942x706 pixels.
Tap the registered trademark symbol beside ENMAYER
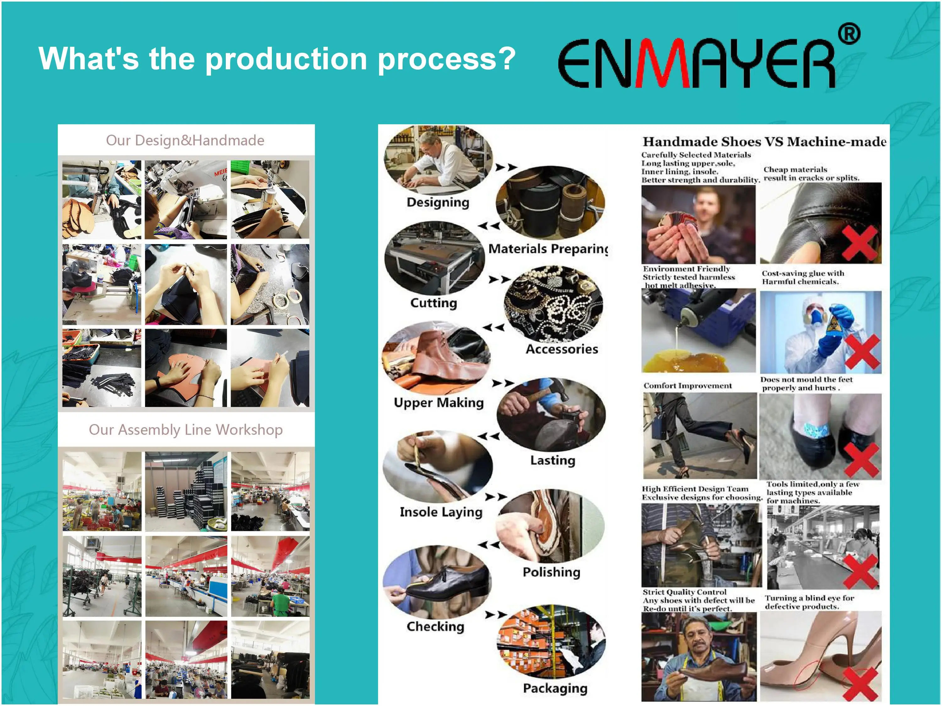[x=849, y=34]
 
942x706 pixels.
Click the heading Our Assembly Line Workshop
[x=186, y=430]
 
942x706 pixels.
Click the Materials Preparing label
[x=549, y=249]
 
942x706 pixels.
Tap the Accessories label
[x=562, y=349]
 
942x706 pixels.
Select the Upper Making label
[x=439, y=403]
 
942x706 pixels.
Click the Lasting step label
[x=553, y=460]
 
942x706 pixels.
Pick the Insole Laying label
[x=441, y=512]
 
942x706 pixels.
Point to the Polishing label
[x=551, y=572]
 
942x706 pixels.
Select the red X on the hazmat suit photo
[x=862, y=351]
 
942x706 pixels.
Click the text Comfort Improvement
[x=687, y=386]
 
